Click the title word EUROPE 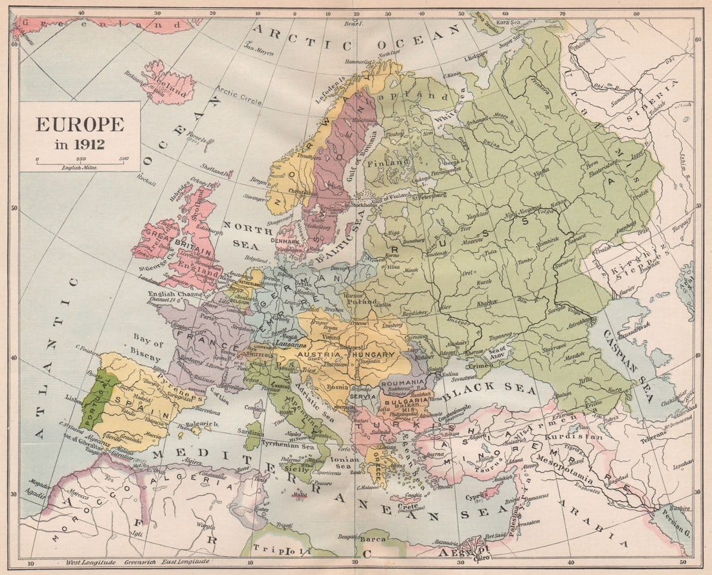coord(80,124)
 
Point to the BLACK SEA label coord(490,389)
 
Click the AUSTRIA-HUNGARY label coord(346,355)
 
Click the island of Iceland coord(170,84)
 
